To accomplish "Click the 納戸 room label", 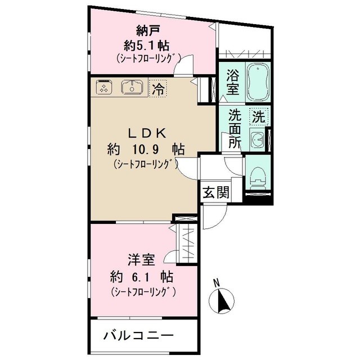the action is pyautogui.click(x=148, y=30).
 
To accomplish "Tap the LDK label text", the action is pyautogui.click(x=147, y=133).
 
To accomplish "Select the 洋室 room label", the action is pyautogui.click(x=141, y=260).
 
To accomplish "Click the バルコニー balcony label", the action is pyautogui.click(x=138, y=336).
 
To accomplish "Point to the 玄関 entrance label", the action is pyautogui.click(x=216, y=192).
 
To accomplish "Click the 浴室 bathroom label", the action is pyautogui.click(x=232, y=82).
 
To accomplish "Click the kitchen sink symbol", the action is pyautogui.click(x=132, y=87).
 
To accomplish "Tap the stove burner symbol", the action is pyautogui.click(x=103, y=87).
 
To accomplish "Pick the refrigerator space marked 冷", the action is pyautogui.click(x=158, y=88).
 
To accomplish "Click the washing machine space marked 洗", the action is pyautogui.click(x=259, y=116).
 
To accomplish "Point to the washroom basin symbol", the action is pyautogui.click(x=258, y=139).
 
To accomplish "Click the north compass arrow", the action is pyautogui.click(x=223, y=301).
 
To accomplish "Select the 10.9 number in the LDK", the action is pyautogui.click(x=145, y=150).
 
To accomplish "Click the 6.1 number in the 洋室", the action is pyautogui.click(x=141, y=277).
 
